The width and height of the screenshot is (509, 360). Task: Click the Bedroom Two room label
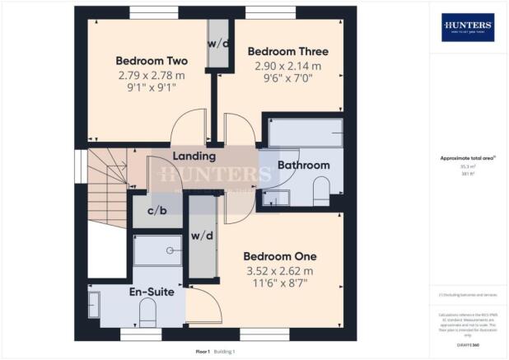point(152,61)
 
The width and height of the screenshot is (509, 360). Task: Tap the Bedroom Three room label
point(285,50)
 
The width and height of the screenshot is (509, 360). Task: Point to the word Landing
point(194,156)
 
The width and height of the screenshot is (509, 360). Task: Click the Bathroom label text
point(303,165)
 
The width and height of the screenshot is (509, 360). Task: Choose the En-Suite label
point(151,291)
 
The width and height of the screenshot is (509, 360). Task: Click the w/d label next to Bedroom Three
point(218,44)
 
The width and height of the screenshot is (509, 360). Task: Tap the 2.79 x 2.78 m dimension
point(152,75)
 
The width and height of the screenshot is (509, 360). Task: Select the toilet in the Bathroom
point(320,186)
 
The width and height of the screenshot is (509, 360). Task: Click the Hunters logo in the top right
point(468,27)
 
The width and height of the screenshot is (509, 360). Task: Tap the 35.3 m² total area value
point(468,166)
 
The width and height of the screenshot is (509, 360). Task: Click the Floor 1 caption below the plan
point(203,351)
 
